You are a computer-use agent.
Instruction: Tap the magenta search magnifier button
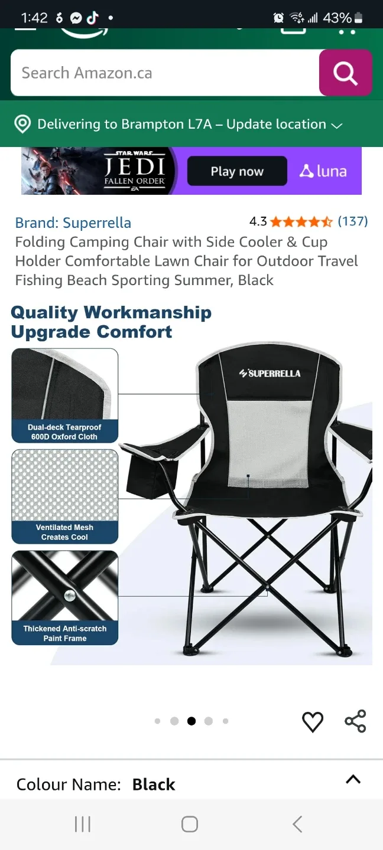[x=345, y=73]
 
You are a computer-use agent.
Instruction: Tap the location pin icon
[x=22, y=125]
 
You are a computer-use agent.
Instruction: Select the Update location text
[x=276, y=125]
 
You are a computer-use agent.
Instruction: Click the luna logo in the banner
[x=323, y=171]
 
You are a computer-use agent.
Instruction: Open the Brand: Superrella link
[x=73, y=223]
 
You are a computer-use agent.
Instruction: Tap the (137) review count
[x=353, y=221]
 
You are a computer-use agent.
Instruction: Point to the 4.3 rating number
[x=258, y=222]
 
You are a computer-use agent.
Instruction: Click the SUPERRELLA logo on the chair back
[x=270, y=373]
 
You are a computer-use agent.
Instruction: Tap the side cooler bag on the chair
[x=152, y=475]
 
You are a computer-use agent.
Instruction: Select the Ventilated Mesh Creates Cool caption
[x=64, y=532]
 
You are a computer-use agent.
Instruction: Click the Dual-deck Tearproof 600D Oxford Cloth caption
[x=64, y=432]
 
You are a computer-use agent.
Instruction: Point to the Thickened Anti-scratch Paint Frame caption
[x=65, y=633]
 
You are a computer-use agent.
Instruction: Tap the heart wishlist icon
[x=313, y=721]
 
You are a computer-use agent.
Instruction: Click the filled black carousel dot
[x=191, y=721]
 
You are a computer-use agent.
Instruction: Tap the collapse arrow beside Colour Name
[x=353, y=780]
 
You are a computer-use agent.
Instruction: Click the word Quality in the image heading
[x=44, y=312]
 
